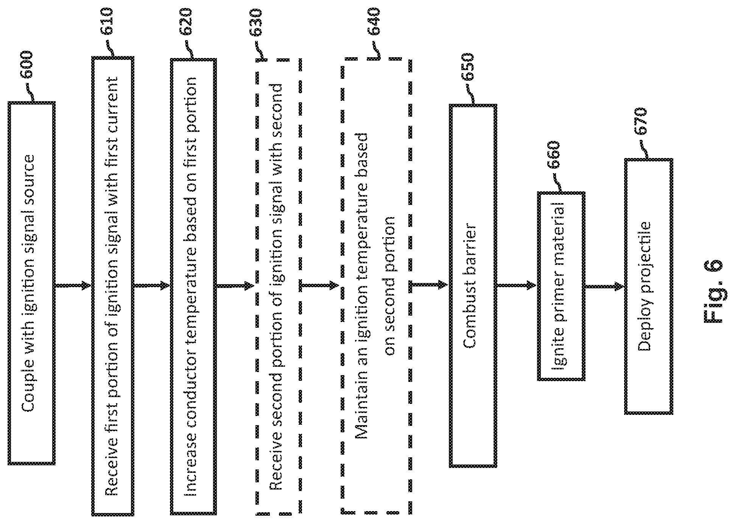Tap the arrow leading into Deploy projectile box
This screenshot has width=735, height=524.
coord(604,287)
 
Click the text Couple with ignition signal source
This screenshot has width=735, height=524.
coord(29,283)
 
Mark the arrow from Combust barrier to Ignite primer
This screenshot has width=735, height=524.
coord(517,285)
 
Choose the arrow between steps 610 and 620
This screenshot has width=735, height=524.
coord(152,285)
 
